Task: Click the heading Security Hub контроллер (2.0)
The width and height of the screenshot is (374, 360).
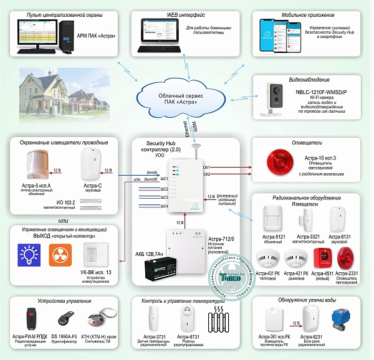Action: click(x=161, y=147)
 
